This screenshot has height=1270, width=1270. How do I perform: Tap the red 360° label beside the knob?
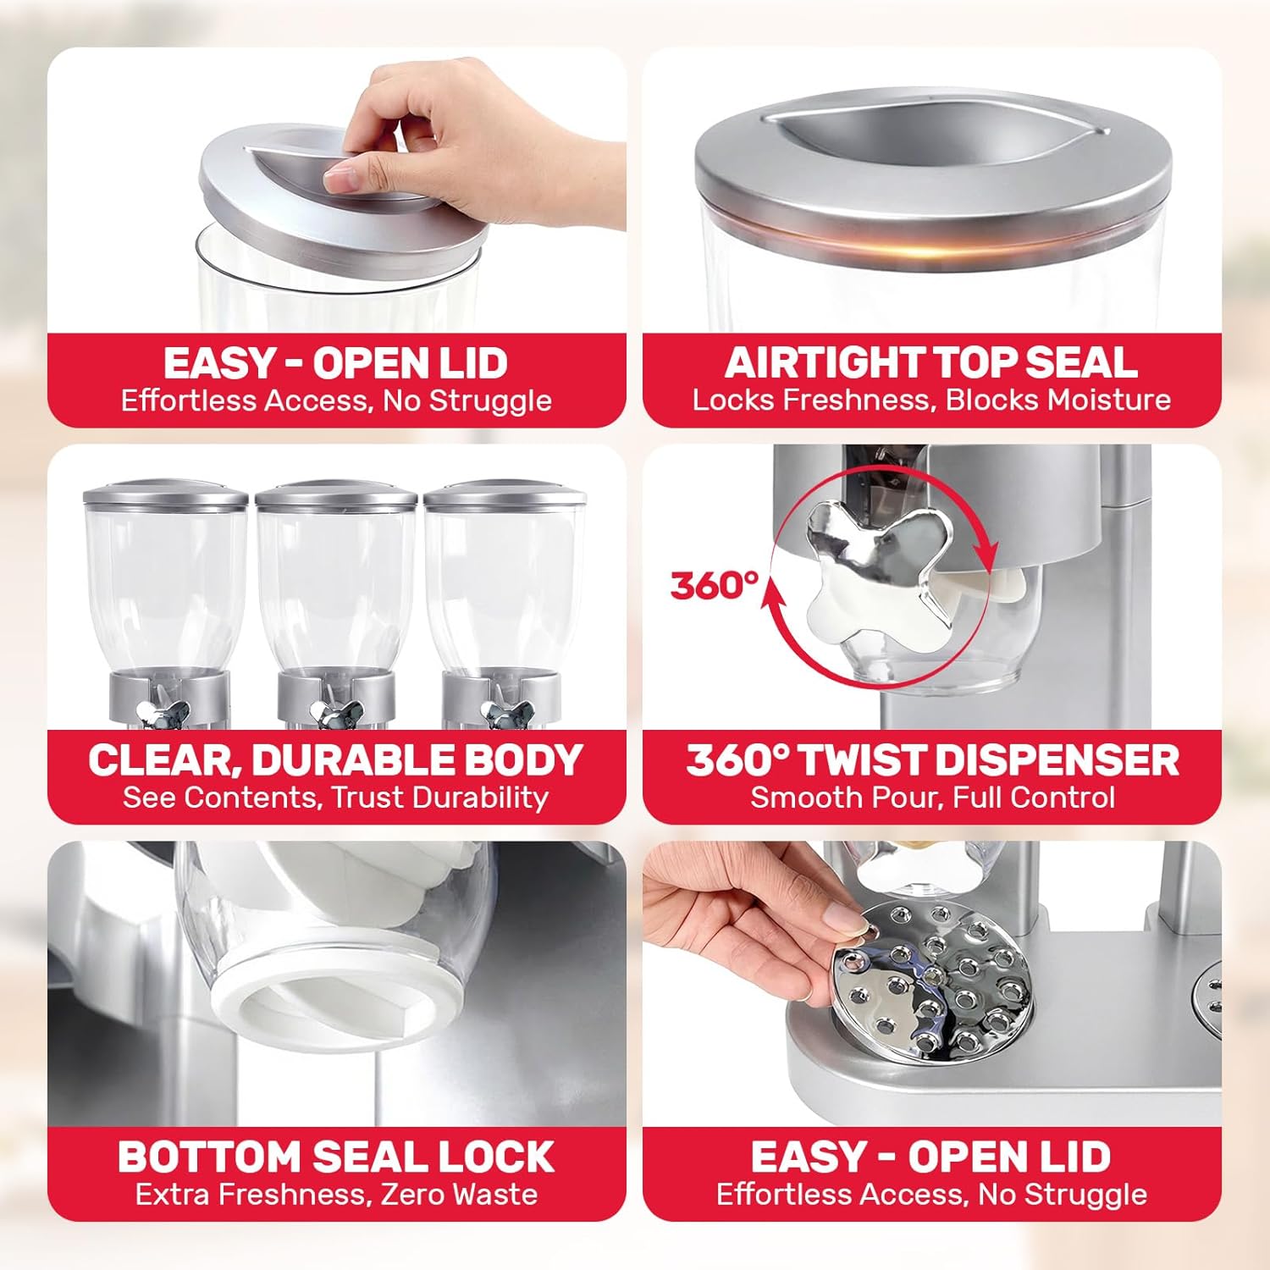pyautogui.click(x=714, y=585)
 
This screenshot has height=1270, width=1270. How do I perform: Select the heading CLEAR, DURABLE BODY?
pyautogui.click(x=336, y=759)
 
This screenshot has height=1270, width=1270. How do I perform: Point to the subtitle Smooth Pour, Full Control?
pyautogui.click(x=932, y=798)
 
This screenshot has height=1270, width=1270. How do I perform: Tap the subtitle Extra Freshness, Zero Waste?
pyautogui.click(x=336, y=1195)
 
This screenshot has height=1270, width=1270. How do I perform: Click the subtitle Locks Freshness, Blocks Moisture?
pyautogui.click(x=931, y=400)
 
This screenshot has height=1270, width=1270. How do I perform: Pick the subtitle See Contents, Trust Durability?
pyautogui.click(x=336, y=798)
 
